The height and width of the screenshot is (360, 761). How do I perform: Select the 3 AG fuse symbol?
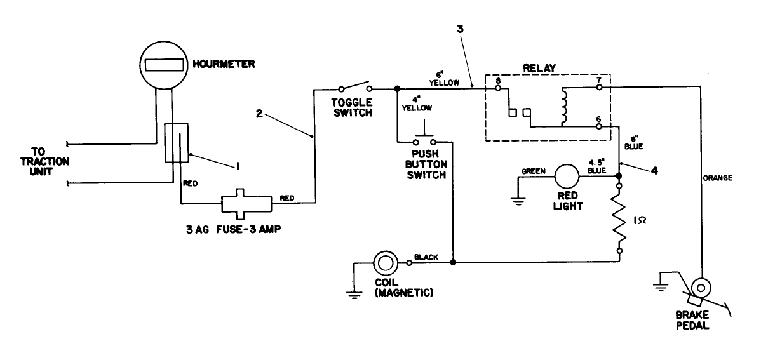click(x=246, y=204)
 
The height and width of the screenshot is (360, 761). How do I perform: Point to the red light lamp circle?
click(x=567, y=177)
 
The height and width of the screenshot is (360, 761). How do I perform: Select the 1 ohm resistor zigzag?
click(x=620, y=219)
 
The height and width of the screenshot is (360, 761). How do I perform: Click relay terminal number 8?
click(x=498, y=88)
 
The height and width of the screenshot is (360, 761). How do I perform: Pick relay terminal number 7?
click(x=598, y=88)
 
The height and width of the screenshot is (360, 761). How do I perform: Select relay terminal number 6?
click(x=598, y=126)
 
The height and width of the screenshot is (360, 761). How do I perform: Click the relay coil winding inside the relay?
click(x=563, y=107)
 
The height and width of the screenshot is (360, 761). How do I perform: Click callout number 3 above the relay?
click(x=459, y=29)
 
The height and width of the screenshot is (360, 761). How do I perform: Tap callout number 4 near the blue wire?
click(x=655, y=170)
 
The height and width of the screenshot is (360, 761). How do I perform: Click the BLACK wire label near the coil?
click(x=426, y=257)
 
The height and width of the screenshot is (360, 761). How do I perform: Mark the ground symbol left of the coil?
click(x=350, y=288)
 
